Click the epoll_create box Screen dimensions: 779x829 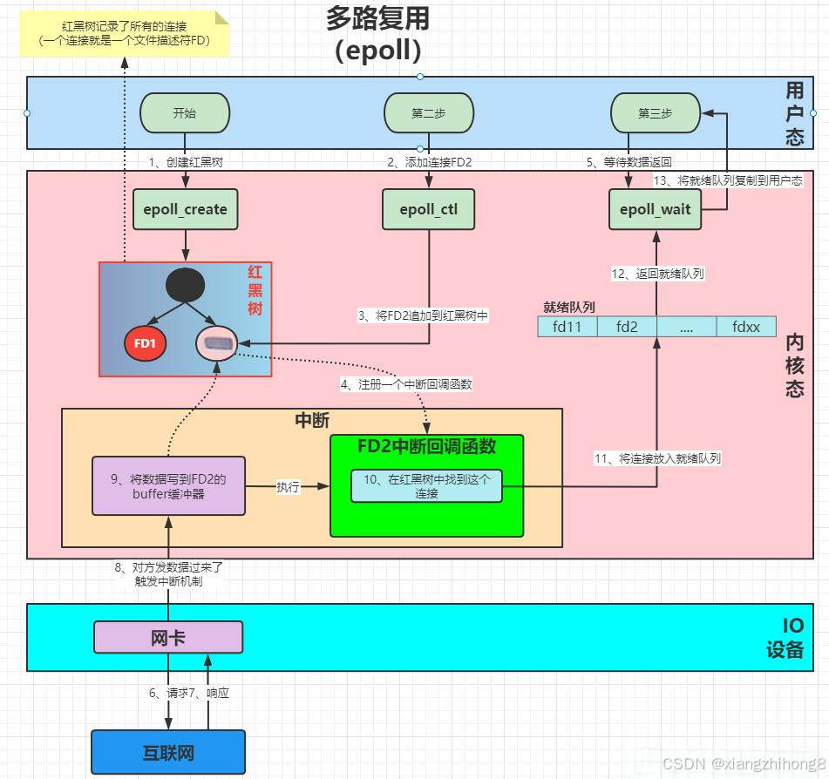coord(186,209)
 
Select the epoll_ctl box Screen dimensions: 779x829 coord(429,209)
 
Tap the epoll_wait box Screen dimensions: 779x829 coord(655,209)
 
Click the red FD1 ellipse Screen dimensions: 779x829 coord(145,343)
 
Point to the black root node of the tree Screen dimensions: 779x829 coord(185,285)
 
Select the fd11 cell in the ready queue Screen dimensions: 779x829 coord(567,327)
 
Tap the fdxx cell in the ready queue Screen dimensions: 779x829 coord(745,327)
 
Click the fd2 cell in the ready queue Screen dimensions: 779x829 coord(627,327)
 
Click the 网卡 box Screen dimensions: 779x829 coord(167,637)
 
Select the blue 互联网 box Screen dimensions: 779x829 coord(168,752)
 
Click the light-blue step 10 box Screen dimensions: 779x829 coord(426,485)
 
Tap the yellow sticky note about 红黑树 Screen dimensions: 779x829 coord(124,34)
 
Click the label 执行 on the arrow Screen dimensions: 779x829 coord(288,487)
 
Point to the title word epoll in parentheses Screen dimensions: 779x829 coord(377,50)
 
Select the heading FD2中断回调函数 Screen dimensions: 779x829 coord(426,446)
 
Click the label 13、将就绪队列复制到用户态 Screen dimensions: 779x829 coord(727,180)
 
